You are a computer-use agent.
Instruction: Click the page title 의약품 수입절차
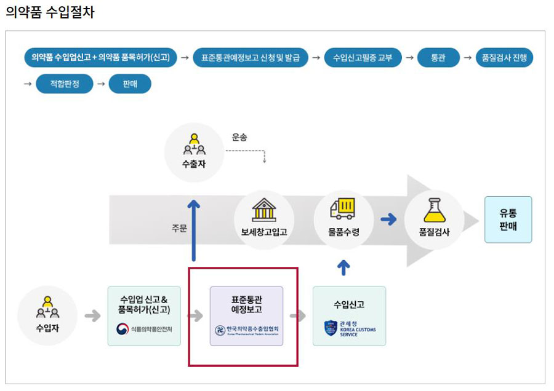click(x=50, y=12)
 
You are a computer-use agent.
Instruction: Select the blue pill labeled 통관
click(x=438, y=58)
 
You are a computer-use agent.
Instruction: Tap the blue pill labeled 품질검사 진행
click(x=504, y=58)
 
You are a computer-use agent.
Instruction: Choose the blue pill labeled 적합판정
click(x=64, y=84)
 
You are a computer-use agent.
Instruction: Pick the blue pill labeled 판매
click(x=130, y=84)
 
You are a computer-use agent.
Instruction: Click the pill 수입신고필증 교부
click(x=363, y=58)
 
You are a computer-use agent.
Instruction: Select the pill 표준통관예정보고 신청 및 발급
click(x=250, y=58)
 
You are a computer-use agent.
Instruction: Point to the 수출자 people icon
click(x=194, y=143)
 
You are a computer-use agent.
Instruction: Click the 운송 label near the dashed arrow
click(x=239, y=136)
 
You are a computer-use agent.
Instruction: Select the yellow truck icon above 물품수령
click(x=343, y=208)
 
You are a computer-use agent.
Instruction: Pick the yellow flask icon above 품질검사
click(x=434, y=210)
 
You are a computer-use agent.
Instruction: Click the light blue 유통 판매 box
click(x=508, y=219)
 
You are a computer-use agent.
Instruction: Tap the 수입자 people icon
click(x=47, y=307)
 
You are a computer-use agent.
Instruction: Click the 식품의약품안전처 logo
click(x=144, y=329)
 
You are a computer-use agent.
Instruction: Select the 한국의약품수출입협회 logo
click(x=246, y=330)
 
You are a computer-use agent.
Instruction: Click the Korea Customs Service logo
click(x=349, y=328)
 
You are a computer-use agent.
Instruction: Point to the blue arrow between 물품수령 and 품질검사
click(x=388, y=219)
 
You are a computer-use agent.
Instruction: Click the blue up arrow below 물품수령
click(x=343, y=267)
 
